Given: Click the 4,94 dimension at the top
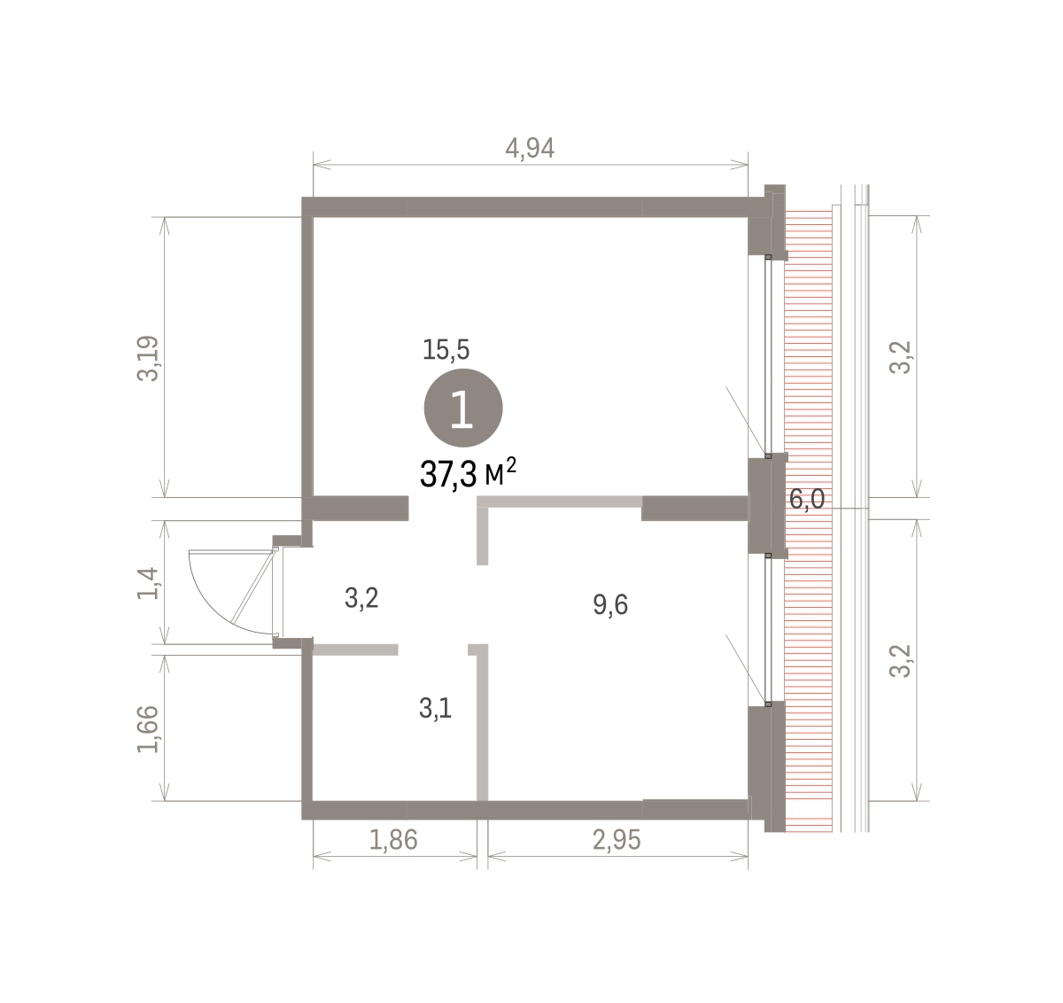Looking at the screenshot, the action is [x=530, y=148].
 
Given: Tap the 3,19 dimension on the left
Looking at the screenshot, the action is [x=148, y=358].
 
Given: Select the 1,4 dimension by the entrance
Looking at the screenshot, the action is [x=148, y=583].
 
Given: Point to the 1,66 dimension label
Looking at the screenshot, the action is [x=148, y=729].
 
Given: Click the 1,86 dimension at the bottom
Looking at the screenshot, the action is [x=393, y=840].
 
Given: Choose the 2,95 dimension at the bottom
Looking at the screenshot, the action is [x=617, y=840].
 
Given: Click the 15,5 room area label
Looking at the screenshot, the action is [x=446, y=350].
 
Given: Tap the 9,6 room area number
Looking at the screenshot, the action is [x=610, y=605].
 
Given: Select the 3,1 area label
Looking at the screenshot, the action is [x=436, y=709].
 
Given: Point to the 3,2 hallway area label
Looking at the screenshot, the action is [x=361, y=598].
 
